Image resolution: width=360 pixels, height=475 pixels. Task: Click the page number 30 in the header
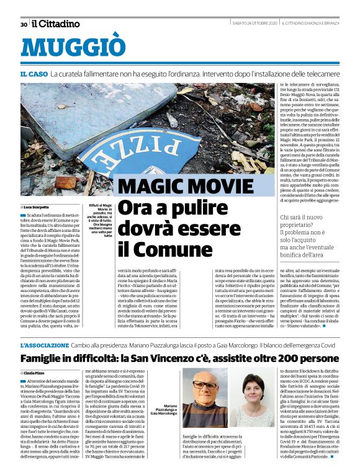24,24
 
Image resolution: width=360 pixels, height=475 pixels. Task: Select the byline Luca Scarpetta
36,206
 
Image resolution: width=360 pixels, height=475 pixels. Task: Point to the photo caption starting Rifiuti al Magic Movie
99,221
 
